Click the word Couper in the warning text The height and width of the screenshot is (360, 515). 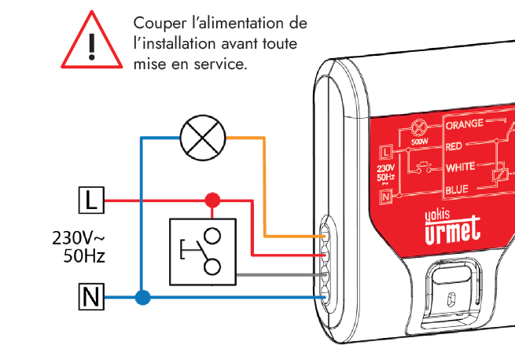157,24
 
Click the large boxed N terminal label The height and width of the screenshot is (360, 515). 91,298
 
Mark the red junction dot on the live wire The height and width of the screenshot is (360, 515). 212,200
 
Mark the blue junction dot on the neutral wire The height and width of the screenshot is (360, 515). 142,298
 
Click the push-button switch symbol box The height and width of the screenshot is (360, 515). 202,251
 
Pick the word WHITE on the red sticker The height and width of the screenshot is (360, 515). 460,167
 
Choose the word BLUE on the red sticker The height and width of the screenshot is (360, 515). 457,189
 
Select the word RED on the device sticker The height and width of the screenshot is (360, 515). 454,147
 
